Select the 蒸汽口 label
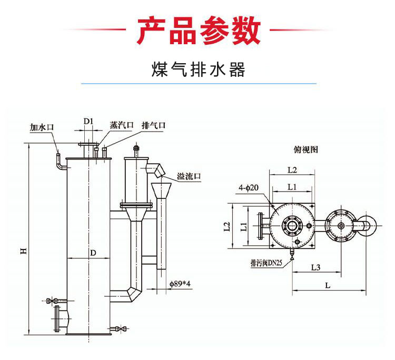click(x=121, y=125)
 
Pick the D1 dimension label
click(x=88, y=122)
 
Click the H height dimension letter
click(x=24, y=251)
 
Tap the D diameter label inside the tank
click(x=93, y=253)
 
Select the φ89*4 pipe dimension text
click(x=180, y=285)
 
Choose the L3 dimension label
click(x=315, y=267)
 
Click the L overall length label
click(x=328, y=285)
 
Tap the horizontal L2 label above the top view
click(x=293, y=169)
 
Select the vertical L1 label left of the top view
click(x=243, y=227)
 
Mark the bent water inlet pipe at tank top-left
click(x=59, y=161)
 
